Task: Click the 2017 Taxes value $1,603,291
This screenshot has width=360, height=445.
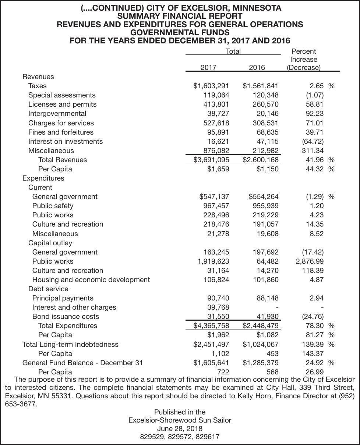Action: pyautogui.click(x=211, y=86)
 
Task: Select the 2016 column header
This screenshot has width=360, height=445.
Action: pyautogui.click(x=257, y=68)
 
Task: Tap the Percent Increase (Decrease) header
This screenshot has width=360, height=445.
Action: pyautogui.click(x=303, y=60)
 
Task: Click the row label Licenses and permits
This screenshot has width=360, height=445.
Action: pyautogui.click(x=62, y=104)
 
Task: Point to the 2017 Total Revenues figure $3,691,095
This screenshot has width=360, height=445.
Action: pyautogui.click(x=211, y=160)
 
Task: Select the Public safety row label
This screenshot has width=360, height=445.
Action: pyautogui.click(x=53, y=206)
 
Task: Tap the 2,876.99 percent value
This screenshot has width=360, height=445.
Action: pyautogui.click(x=310, y=261)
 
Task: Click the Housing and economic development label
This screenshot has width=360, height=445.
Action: pyautogui.click(x=91, y=280)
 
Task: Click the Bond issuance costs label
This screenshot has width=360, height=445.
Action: pyautogui.click(x=66, y=317)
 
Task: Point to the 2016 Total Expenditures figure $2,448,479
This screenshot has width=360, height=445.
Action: pyautogui.click(x=261, y=326)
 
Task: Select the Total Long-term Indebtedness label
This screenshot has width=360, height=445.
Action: pyautogui.click(x=70, y=345)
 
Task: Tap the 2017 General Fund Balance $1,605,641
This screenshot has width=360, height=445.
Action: pyautogui.click(x=211, y=363)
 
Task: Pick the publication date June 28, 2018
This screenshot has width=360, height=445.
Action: pyautogui.click(x=180, y=429)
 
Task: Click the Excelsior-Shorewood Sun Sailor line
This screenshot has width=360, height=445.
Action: pyautogui.click(x=180, y=420)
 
